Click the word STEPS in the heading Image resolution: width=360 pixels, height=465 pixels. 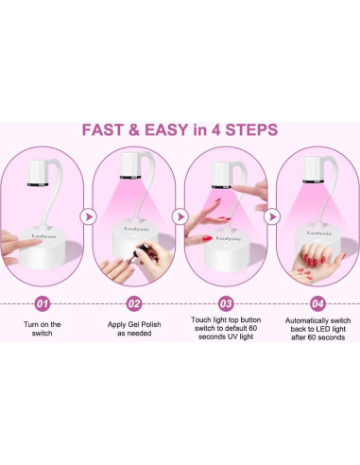click(x=251, y=129)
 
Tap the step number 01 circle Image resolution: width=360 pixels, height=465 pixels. click(x=43, y=303)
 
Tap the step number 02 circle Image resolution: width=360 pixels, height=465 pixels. click(x=134, y=303)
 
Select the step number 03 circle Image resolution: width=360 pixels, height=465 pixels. click(x=226, y=303)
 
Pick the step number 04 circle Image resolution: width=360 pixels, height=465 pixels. click(x=317, y=303)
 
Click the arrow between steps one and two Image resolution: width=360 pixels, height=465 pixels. click(x=89, y=216)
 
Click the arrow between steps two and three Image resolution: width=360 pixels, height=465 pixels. click(x=180, y=216)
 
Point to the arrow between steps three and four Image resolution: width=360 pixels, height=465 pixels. click(x=272, y=216)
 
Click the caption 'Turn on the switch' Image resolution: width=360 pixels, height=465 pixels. click(x=43, y=329)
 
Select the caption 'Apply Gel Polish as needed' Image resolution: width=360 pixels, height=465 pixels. click(x=134, y=329)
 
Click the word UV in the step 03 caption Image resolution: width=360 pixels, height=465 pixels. click(x=237, y=336)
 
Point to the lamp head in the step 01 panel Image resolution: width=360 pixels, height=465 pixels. click(x=38, y=173)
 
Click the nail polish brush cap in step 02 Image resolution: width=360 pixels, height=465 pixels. click(x=144, y=249)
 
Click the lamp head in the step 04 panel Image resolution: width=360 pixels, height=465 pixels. click(x=314, y=170)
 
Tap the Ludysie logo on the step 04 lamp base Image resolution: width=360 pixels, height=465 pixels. click(x=319, y=233)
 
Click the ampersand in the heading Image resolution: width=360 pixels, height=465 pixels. click(x=134, y=129)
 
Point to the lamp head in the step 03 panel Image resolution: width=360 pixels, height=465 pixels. click(x=222, y=175)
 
